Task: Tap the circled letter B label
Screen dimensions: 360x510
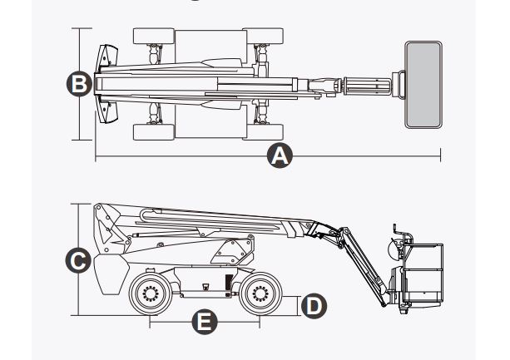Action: click(77, 84)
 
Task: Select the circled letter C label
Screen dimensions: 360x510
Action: click(77, 260)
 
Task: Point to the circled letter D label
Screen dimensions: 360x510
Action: click(312, 305)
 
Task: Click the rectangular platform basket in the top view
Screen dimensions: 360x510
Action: click(424, 84)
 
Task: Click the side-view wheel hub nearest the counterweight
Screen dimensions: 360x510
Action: click(150, 293)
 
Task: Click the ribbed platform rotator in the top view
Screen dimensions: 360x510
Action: click(365, 85)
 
